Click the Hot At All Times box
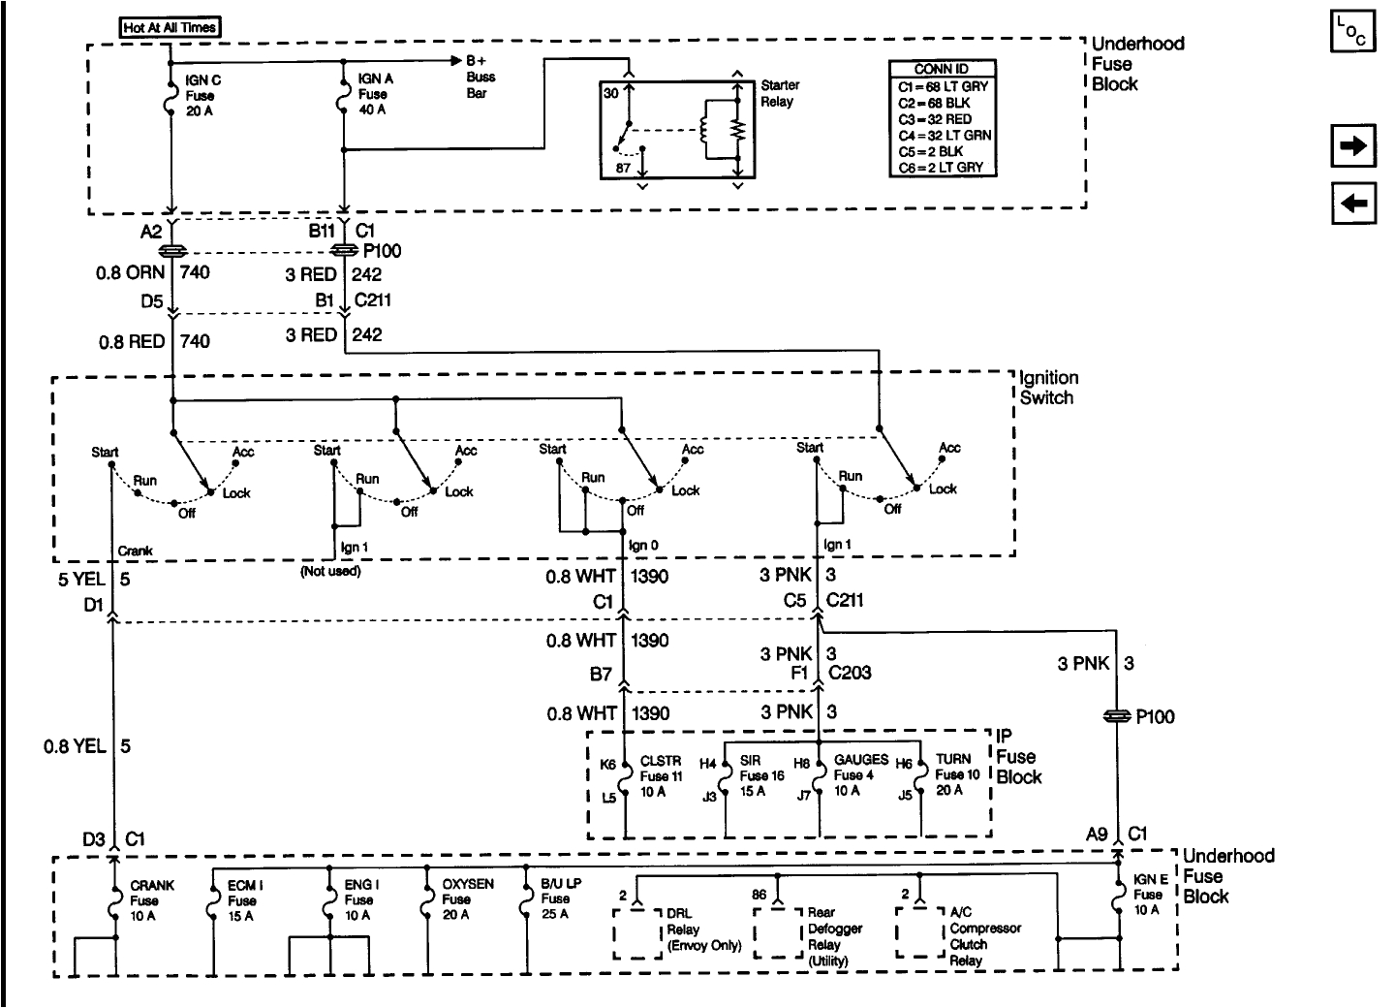pos(170,27)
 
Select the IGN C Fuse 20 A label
pos(202,95)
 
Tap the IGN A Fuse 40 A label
pos(373,94)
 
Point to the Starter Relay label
pos(778,93)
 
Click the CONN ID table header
pos(941,69)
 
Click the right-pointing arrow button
pos(1353,147)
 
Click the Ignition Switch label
pos(1049,388)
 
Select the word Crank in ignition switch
pos(136,551)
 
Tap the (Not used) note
pos(330,571)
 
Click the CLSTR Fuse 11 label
pos(661,775)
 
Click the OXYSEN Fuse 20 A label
pos(468,899)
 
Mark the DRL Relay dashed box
pos(637,932)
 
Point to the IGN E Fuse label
pos(1148,895)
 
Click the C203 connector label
pos(850,672)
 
